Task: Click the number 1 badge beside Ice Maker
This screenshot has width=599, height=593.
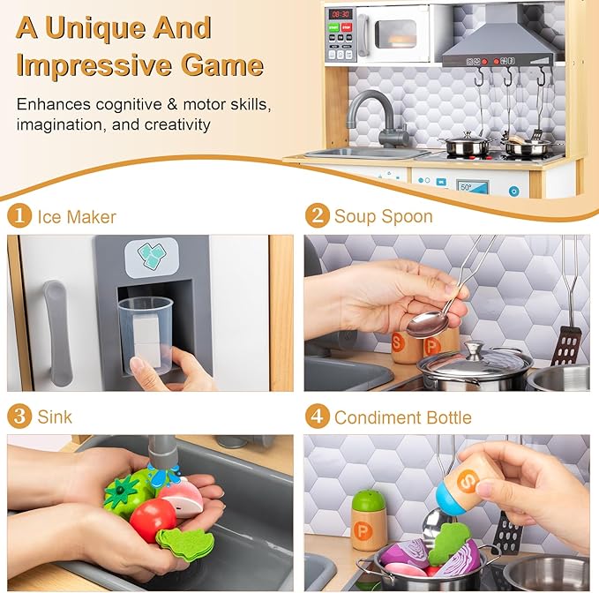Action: click(19, 216)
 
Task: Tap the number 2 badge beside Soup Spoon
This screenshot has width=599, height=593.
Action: click(317, 216)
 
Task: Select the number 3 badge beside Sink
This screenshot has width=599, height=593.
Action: click(19, 417)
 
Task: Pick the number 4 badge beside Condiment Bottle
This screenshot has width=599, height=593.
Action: click(317, 417)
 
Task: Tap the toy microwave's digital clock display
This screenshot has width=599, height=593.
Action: click(341, 14)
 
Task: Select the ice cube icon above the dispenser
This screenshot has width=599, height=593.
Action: click(151, 255)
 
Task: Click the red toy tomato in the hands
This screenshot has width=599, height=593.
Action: click(152, 519)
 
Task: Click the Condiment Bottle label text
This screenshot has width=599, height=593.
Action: click(402, 417)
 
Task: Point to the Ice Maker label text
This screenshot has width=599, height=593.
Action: click(76, 216)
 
